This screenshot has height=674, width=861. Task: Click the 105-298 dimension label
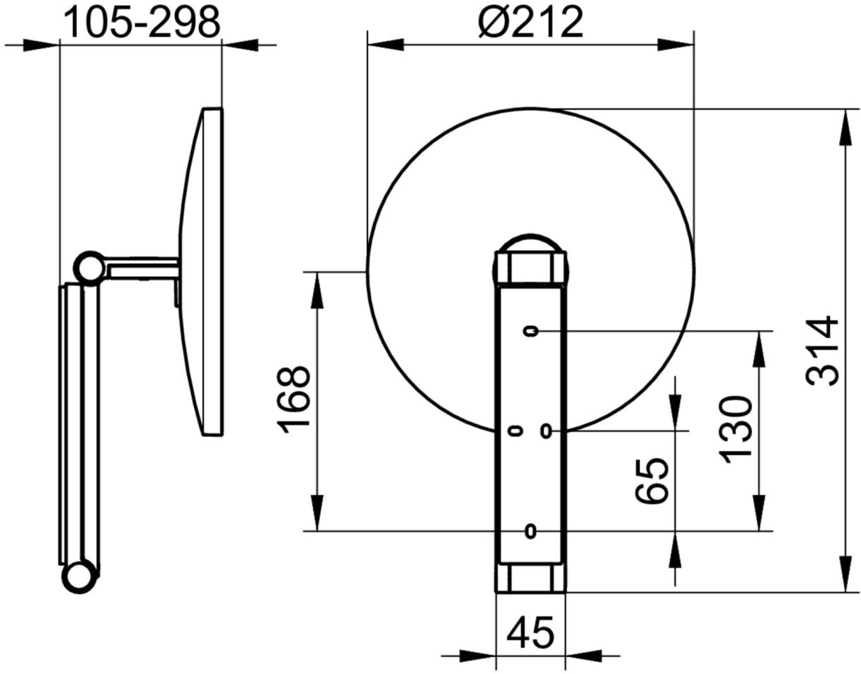[142, 23]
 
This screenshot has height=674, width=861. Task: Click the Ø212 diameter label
[530, 23]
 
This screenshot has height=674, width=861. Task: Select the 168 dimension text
[295, 400]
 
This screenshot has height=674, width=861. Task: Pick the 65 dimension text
[652, 481]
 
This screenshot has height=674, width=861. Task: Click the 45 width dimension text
[530, 632]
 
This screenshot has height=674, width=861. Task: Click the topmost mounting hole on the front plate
[531, 331]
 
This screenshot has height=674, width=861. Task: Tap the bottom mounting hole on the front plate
[530, 531]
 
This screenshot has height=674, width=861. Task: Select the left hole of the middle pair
[515, 430]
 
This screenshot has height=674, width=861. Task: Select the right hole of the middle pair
[545, 430]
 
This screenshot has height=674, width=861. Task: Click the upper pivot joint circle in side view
[90, 268]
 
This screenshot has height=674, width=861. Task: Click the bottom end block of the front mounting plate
[530, 577]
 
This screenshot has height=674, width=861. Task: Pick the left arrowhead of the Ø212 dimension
[385, 45]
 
